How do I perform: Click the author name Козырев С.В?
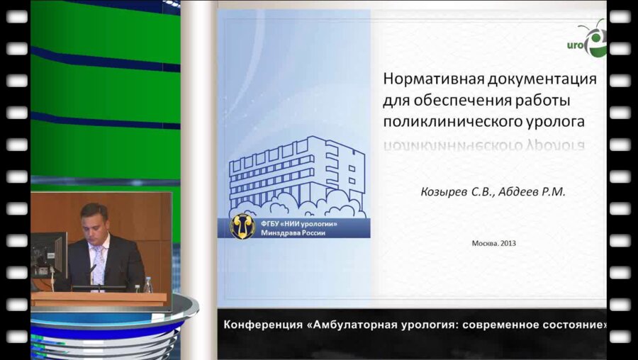point(450,191)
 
